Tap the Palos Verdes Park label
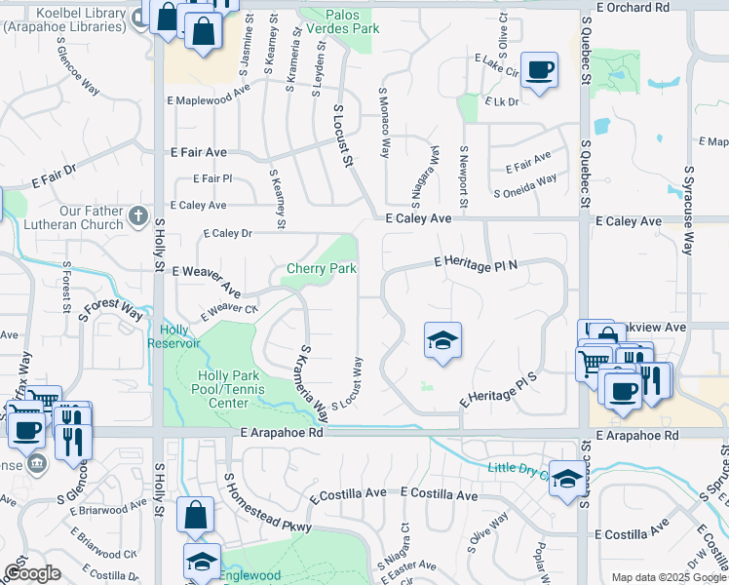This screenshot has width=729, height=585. (352, 22)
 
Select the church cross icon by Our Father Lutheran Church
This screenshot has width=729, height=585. (138, 215)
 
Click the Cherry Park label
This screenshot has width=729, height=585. (322, 269)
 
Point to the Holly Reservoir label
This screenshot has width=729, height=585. (173, 336)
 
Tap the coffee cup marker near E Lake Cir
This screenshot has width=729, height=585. (539, 70)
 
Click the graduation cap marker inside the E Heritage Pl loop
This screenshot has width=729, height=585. (442, 341)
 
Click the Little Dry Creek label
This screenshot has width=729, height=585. (517, 469)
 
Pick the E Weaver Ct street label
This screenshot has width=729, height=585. (229, 312)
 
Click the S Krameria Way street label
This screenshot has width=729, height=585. (314, 383)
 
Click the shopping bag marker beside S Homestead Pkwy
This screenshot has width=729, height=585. (196, 516)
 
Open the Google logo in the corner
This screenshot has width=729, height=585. (32, 573)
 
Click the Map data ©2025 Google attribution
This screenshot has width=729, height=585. (668, 576)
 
